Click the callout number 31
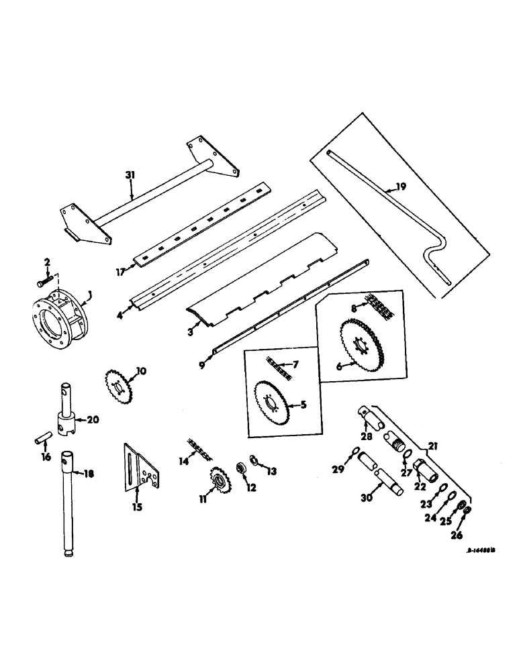[x=130, y=174]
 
